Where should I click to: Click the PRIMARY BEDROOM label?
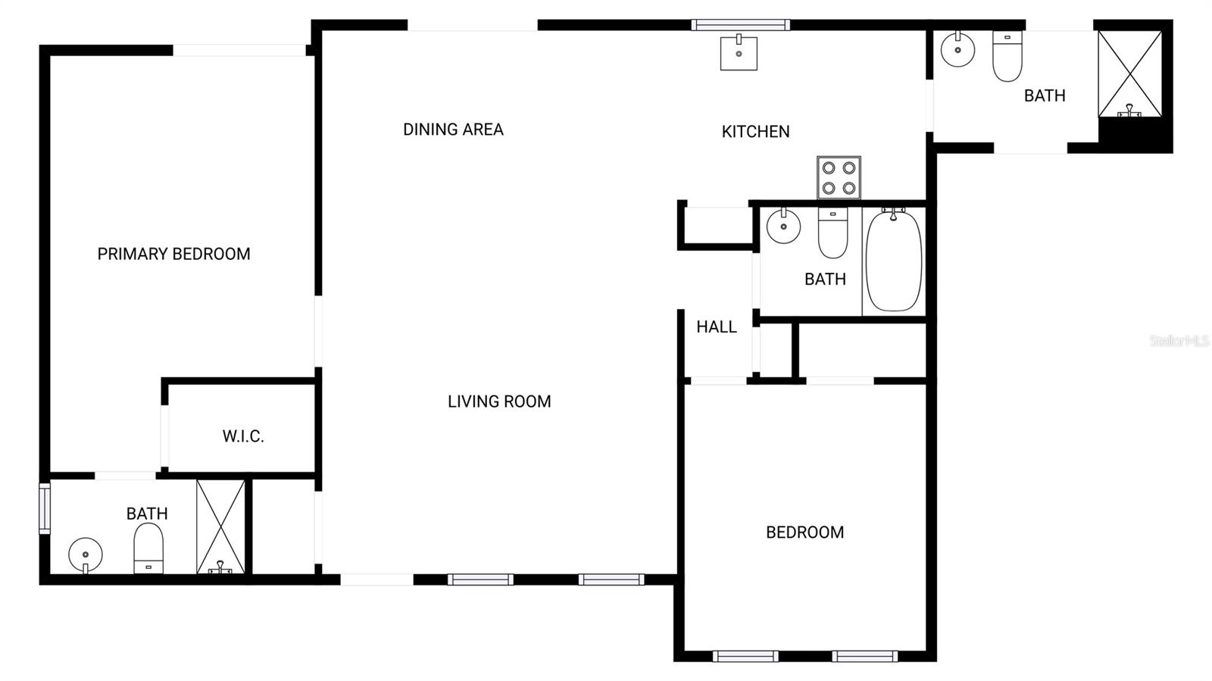pyautogui.click(x=173, y=254)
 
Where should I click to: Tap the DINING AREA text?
pyautogui.click(x=453, y=130)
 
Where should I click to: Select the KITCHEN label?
pyautogui.click(x=755, y=132)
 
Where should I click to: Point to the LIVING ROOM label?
pyautogui.click(x=499, y=401)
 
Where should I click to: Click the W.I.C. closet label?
pyautogui.click(x=243, y=436)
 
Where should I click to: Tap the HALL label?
pyautogui.click(x=717, y=327)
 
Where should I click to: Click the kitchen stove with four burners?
pyautogui.click(x=839, y=177)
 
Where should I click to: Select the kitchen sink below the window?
pyautogui.click(x=739, y=53)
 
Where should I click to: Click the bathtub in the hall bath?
pyautogui.click(x=894, y=261)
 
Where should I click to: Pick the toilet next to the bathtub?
pyautogui.click(x=832, y=234)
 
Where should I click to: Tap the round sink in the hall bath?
pyautogui.click(x=783, y=226)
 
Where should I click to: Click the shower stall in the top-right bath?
pyautogui.click(x=1129, y=74)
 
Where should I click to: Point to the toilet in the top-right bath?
pyautogui.click(x=1007, y=57)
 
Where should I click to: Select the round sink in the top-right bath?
pyautogui.click(x=957, y=50)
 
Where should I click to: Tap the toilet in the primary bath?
pyautogui.click(x=148, y=549)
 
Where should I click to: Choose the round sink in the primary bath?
pyautogui.click(x=86, y=554)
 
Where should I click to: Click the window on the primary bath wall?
pyautogui.click(x=45, y=508)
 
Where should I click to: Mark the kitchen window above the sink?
pyautogui.click(x=740, y=25)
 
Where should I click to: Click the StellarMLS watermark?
pyautogui.click(x=1179, y=341)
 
